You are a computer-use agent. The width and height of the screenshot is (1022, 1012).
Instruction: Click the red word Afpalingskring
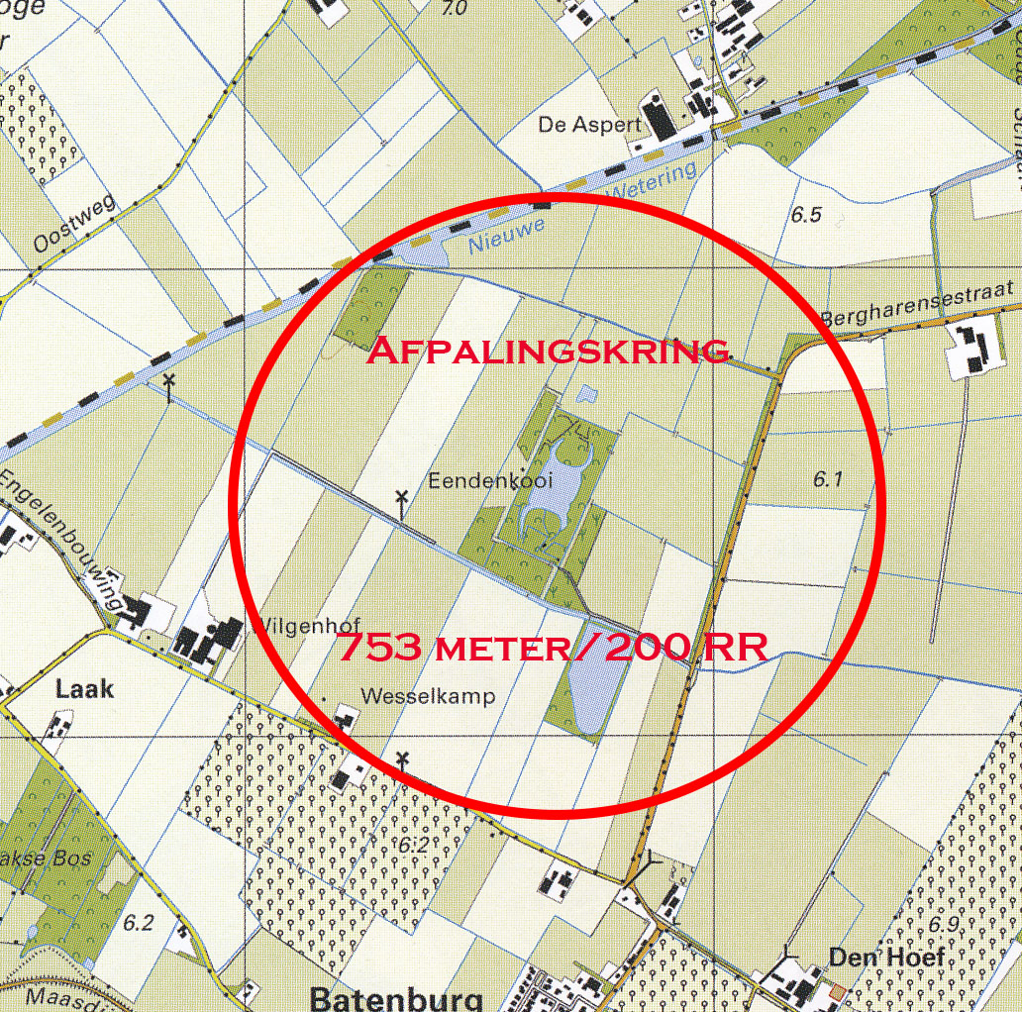click(x=549, y=350)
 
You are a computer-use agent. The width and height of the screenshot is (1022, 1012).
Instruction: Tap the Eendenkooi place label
click(x=490, y=480)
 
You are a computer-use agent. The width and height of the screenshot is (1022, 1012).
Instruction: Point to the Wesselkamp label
click(x=428, y=696)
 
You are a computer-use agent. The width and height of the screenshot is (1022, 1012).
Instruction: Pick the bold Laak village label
click(x=84, y=688)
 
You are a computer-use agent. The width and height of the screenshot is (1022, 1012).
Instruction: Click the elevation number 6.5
click(x=807, y=214)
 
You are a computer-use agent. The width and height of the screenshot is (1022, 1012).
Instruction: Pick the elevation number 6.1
click(x=827, y=479)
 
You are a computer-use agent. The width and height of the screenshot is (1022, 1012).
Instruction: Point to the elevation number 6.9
click(x=945, y=924)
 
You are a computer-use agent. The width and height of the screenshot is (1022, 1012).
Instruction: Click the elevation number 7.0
click(x=454, y=9)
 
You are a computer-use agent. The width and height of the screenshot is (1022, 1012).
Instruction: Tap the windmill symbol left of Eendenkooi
click(x=401, y=501)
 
